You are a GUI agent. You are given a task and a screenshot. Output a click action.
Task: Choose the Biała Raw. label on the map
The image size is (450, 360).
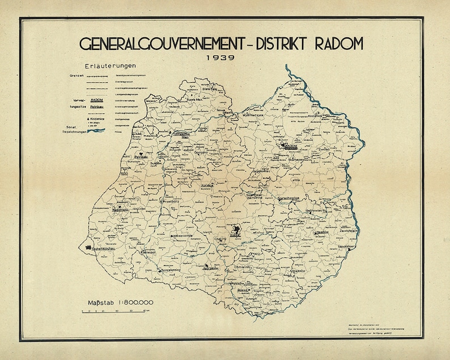[x=211, y=89]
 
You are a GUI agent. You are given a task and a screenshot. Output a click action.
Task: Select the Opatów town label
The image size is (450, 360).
[x=322, y=231]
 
